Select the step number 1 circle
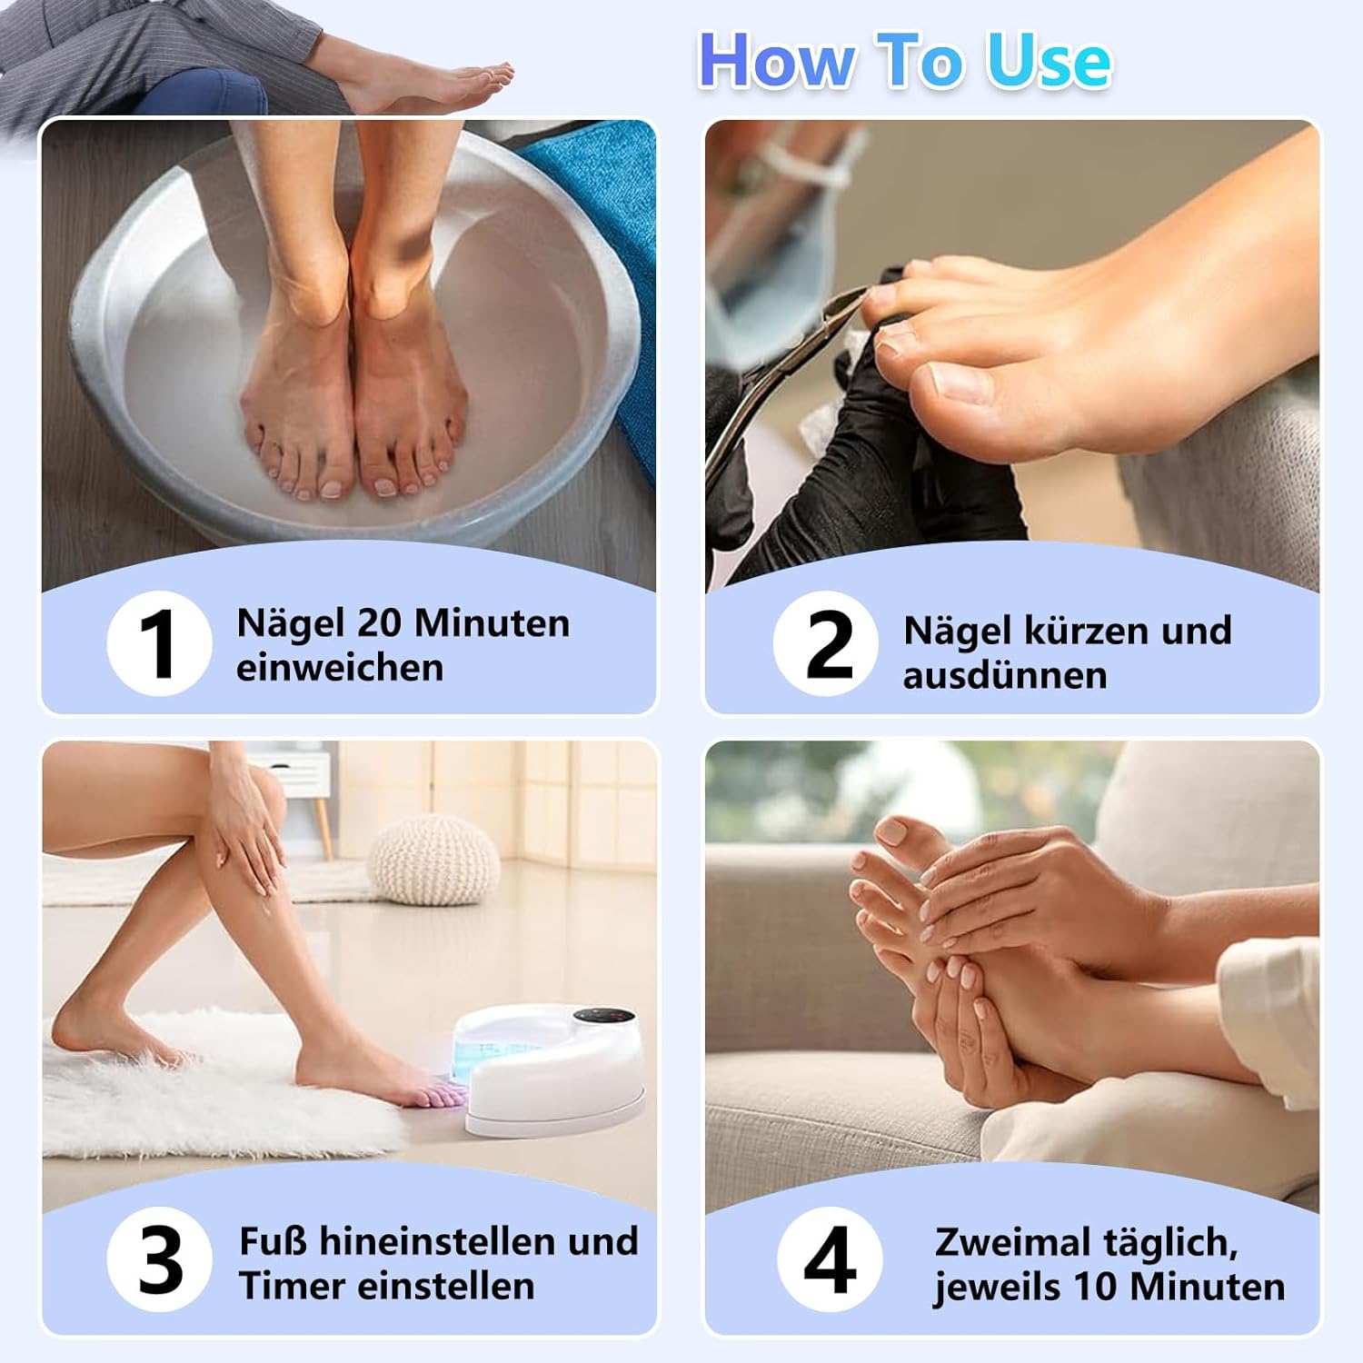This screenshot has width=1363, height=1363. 160,643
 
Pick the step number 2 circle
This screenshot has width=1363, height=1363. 826,643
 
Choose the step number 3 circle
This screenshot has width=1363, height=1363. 160,1259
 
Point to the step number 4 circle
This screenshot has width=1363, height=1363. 830,1259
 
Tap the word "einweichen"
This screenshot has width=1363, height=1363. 340,668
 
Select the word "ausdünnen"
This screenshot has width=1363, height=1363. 1005,675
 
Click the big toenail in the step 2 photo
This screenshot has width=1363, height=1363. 959,381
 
